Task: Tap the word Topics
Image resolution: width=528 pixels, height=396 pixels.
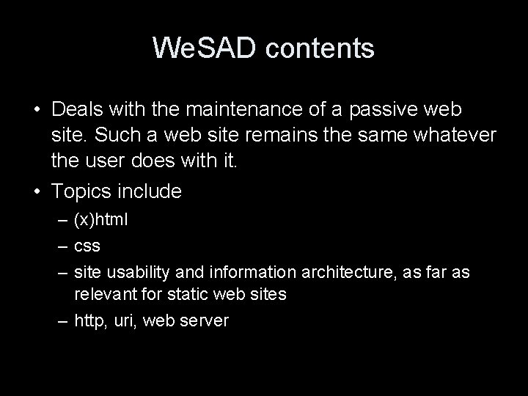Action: coord(81,191)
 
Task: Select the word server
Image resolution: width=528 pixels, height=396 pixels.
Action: coord(205,320)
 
